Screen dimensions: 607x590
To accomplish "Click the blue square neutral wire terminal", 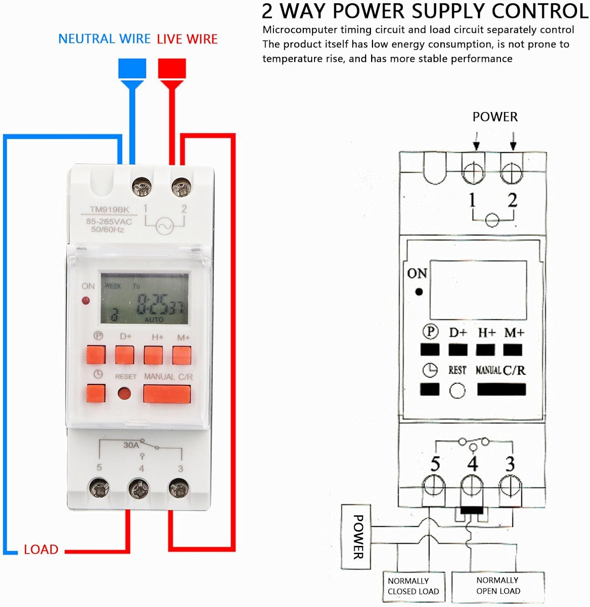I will [x=132, y=68].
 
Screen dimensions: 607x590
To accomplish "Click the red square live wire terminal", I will [x=172, y=68].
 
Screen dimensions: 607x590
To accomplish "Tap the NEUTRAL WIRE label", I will [x=104, y=39].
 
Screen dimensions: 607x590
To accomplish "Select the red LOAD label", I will [x=41, y=550].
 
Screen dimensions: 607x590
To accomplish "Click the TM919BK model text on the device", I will [x=109, y=209].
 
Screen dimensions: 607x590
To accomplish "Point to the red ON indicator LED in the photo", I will [x=86, y=301].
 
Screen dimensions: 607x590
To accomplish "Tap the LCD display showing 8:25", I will [x=144, y=299].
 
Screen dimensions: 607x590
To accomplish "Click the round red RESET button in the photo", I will [x=124, y=393].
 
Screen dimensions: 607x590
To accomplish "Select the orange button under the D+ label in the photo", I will [x=125, y=355].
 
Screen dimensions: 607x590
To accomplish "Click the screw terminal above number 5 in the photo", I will [x=99, y=489].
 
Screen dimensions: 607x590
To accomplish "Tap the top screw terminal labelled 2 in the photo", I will [x=181, y=187].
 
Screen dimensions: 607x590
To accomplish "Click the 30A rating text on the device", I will [x=131, y=445].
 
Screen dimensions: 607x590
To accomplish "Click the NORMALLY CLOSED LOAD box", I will [x=414, y=586].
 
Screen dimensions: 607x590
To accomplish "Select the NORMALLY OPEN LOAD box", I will [x=498, y=586].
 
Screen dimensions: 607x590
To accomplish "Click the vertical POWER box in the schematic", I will [x=356, y=537].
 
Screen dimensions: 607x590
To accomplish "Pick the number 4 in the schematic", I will [x=472, y=464].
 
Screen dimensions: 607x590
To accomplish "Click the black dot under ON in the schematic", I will [x=419, y=291].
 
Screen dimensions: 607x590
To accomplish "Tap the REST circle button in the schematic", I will [x=457, y=391].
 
